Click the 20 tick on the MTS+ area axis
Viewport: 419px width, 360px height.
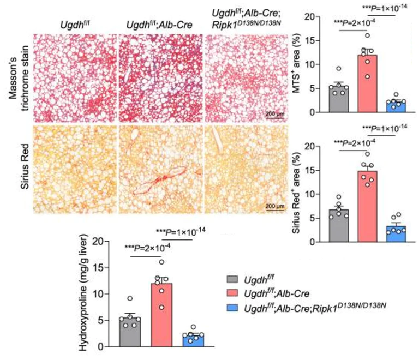pyautogui.click(x=317, y=17)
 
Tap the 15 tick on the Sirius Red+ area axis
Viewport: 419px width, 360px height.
pyautogui.click(x=317, y=170)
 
